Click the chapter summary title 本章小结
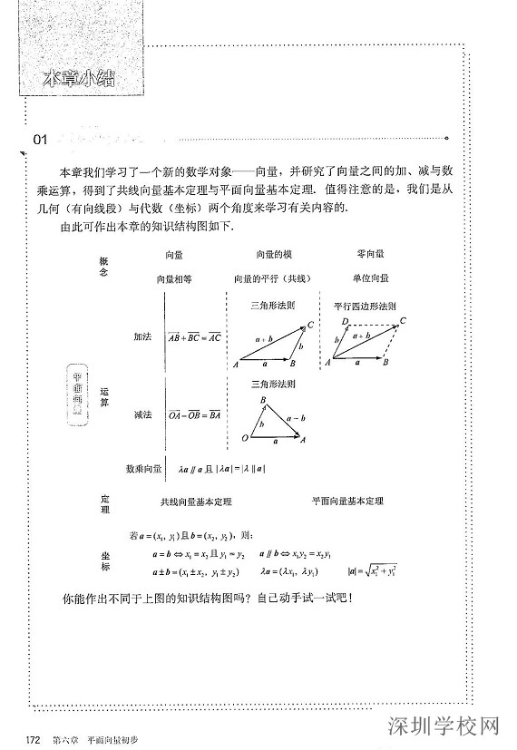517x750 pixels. click(83, 78)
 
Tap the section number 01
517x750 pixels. click(40, 140)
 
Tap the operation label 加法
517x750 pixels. click(142, 336)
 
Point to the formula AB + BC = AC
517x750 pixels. click(194, 336)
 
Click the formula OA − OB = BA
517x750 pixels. click(194, 415)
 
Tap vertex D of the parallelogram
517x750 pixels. click(346, 322)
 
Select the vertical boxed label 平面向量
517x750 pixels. click(77, 393)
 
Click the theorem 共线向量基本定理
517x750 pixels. click(196, 501)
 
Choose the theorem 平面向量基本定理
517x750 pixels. click(346, 501)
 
